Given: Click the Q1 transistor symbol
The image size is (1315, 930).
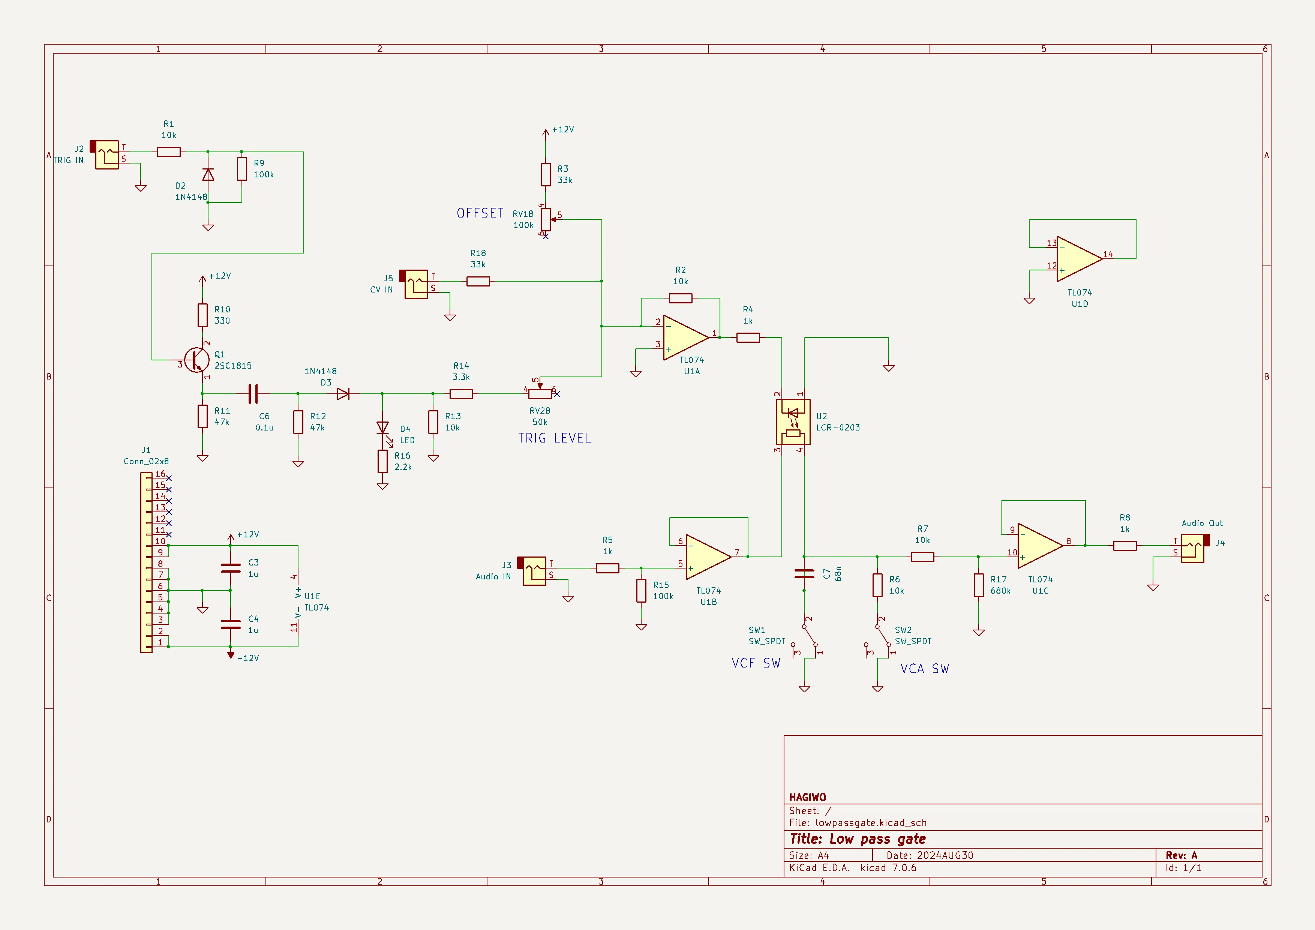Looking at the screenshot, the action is pos(196,360).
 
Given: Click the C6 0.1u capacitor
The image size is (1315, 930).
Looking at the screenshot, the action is pos(253,393).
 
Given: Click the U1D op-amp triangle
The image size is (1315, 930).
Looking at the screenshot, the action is pos(1080,259).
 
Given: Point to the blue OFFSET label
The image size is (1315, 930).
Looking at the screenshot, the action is pos(480,213).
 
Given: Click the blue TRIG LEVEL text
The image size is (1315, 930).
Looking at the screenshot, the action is pos(555,438).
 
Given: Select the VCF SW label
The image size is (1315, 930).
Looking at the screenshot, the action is pos(756,663).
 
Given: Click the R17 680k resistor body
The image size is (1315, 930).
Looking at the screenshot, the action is pos(978,585).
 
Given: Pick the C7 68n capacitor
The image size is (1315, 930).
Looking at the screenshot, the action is pos(804,573).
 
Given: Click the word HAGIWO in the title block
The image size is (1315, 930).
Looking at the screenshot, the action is pos(808,797).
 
